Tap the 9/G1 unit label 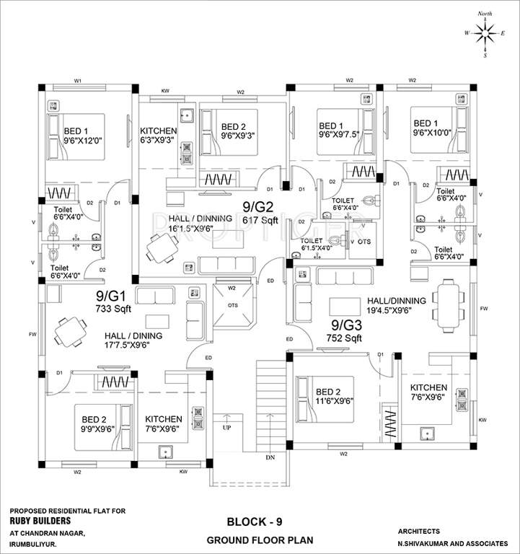(111, 296)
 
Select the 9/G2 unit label (260, 207)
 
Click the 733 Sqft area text (111, 308)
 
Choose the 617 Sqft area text (260, 219)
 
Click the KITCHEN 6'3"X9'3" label (159, 136)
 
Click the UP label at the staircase (227, 428)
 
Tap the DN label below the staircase (270, 457)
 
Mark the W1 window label (77, 80)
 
